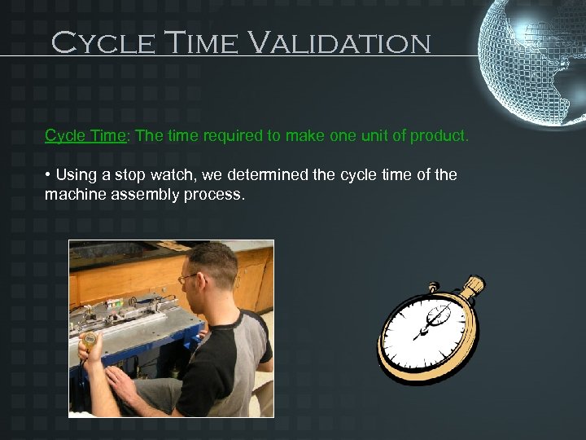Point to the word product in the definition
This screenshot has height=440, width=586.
pos(440,136)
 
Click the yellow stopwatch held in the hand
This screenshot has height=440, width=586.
pos(89,337)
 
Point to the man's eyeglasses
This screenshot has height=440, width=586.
pos(189,279)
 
